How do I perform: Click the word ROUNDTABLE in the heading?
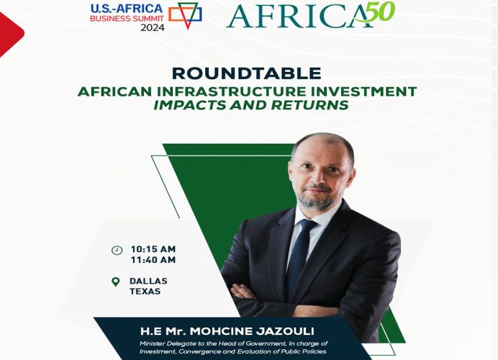point(246,73)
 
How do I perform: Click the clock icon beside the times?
point(117,251)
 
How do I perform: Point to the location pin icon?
point(116,282)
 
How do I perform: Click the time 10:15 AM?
point(153,249)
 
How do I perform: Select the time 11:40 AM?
point(153,260)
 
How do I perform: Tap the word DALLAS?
point(148,282)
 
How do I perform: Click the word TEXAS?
point(145,292)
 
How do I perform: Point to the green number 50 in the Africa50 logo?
point(379,12)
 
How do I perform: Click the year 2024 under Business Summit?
point(153,27)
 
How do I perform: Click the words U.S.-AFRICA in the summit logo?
point(127,9)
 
